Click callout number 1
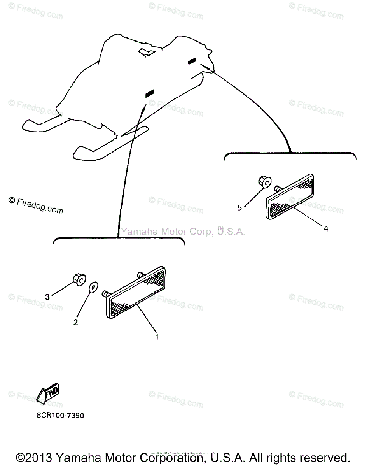156,337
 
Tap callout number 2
76,322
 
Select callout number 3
47,297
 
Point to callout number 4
326,228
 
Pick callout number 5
239,207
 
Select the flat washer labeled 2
93,288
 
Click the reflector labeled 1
136,292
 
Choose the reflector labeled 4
290,200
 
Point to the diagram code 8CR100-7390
60,416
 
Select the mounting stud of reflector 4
278,188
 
